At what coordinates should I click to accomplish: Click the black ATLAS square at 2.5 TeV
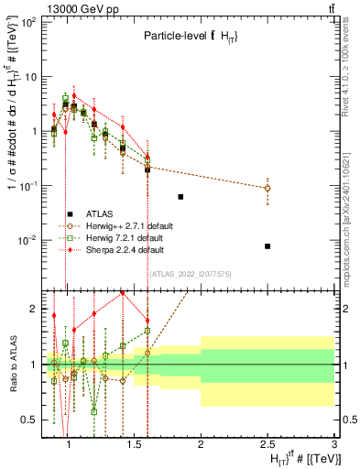267,245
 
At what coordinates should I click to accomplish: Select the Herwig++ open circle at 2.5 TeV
267,188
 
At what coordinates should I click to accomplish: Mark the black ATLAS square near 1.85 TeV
180,197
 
